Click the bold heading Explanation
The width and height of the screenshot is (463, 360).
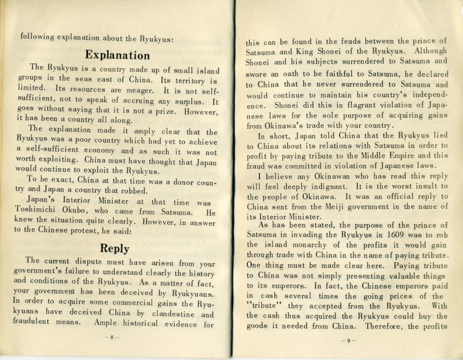pyautogui.click(x=117, y=55)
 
